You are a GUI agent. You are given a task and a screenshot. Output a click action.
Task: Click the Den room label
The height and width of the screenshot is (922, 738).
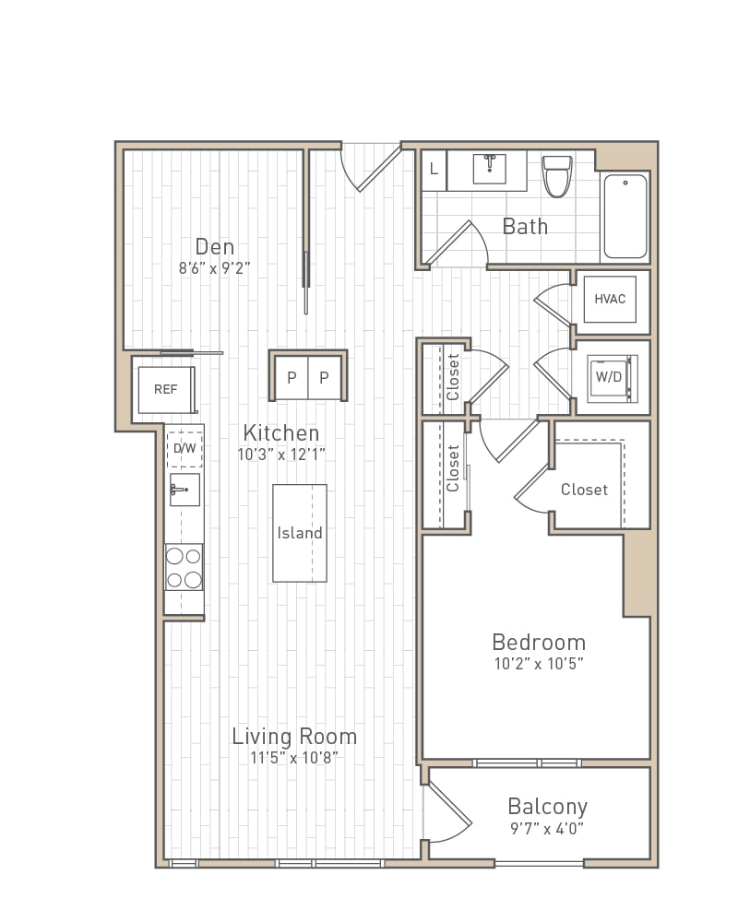[215, 247]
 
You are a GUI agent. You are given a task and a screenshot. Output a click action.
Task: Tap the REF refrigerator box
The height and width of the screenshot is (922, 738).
[166, 389]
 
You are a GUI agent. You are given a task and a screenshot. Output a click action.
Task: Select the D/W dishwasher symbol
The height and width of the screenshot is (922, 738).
[184, 449]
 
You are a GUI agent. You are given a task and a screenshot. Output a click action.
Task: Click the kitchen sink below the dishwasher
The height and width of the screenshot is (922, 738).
[184, 490]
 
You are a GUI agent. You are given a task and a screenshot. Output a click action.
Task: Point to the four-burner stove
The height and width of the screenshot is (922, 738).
[184, 567]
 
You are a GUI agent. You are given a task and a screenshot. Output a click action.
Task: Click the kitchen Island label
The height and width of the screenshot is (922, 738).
[300, 533]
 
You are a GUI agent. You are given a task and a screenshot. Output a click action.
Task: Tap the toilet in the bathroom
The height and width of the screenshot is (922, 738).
[557, 175]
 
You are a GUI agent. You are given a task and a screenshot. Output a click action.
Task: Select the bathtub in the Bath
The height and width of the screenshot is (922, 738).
[625, 216]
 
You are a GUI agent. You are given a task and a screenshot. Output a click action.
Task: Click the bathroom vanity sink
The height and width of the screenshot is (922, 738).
[490, 169]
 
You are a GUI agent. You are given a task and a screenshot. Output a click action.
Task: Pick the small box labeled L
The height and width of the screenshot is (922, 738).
[434, 170]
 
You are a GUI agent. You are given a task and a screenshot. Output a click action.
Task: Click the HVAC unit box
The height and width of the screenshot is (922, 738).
[610, 299]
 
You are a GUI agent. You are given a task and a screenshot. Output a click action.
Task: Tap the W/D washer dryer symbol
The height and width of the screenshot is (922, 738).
[612, 378]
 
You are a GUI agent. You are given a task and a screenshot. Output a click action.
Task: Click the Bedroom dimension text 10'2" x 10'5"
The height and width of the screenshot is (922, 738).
[539, 663]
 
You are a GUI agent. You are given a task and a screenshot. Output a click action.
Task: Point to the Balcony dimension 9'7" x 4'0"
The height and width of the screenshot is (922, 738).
[547, 829]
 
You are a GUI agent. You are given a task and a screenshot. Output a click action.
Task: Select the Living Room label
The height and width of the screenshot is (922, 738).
[294, 736]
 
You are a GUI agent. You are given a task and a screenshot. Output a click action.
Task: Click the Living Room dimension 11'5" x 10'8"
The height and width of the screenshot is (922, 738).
[294, 757]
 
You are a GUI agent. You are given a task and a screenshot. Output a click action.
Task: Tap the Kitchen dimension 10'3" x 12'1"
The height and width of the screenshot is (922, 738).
[281, 454]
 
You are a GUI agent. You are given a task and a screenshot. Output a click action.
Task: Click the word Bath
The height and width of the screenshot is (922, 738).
[525, 227]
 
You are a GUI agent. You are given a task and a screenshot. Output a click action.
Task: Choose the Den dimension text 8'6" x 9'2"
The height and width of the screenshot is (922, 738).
[215, 268]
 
